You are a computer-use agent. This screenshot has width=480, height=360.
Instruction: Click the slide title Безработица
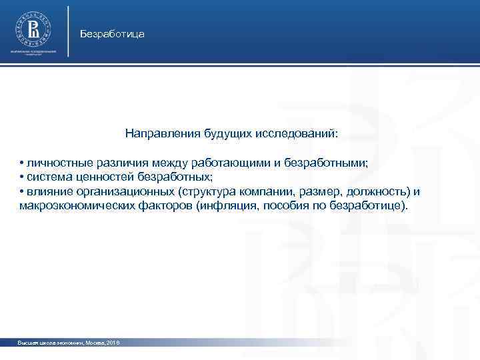tap(111, 33)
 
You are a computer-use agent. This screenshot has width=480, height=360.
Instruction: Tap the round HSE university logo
tap(33, 28)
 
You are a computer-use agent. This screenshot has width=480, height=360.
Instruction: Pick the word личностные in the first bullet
tap(54, 163)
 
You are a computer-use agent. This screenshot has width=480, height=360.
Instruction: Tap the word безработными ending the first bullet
tap(326, 163)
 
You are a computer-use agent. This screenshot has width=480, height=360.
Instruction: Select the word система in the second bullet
tap(47, 177)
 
